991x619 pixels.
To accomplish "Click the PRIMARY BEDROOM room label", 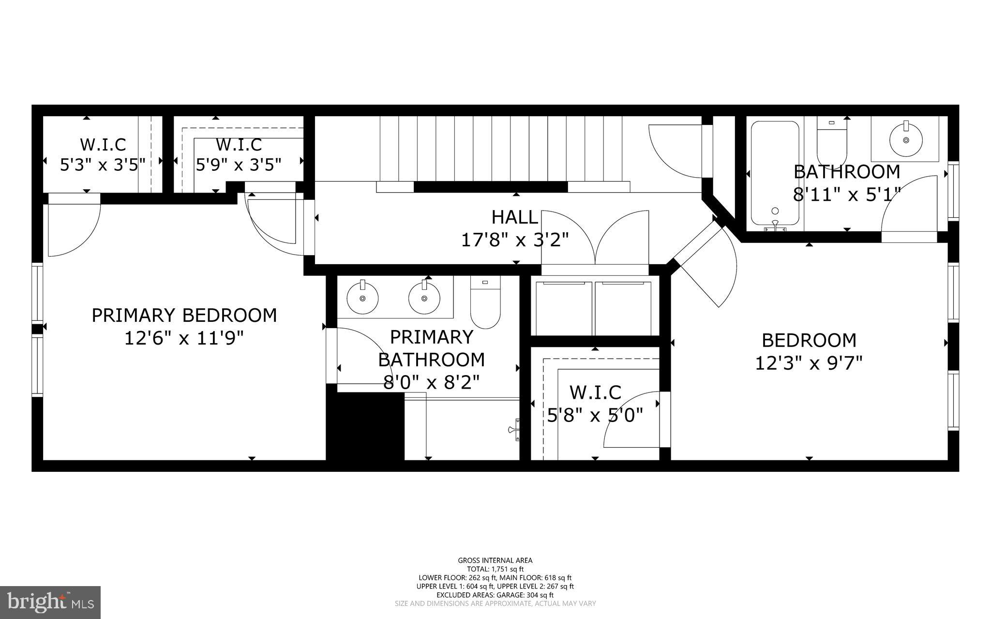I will pos(184,316).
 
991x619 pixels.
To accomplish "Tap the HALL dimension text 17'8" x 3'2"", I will pos(515,240).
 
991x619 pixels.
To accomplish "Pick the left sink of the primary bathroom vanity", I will pos(362,298).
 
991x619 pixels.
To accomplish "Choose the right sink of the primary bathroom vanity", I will pos(424,298).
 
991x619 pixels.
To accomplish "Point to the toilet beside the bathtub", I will pos(832,143).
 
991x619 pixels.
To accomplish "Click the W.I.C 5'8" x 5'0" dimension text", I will pos(595,415).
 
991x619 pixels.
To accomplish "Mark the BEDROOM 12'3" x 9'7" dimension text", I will pos(809,362).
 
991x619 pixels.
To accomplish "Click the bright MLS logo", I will pos(50,602).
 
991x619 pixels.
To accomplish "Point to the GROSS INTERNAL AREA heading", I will pos(495,560).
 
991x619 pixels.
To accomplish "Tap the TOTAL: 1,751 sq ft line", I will pos(495,569).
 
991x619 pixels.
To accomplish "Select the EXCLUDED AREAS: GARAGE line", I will pos(495,595).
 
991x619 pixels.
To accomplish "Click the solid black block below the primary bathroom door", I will pos(365,426).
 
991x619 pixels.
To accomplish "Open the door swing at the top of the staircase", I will pos(675,151).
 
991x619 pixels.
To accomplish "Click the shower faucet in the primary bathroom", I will pos(514,429).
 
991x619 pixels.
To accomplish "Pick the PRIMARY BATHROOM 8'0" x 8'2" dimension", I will pos(431,383).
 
